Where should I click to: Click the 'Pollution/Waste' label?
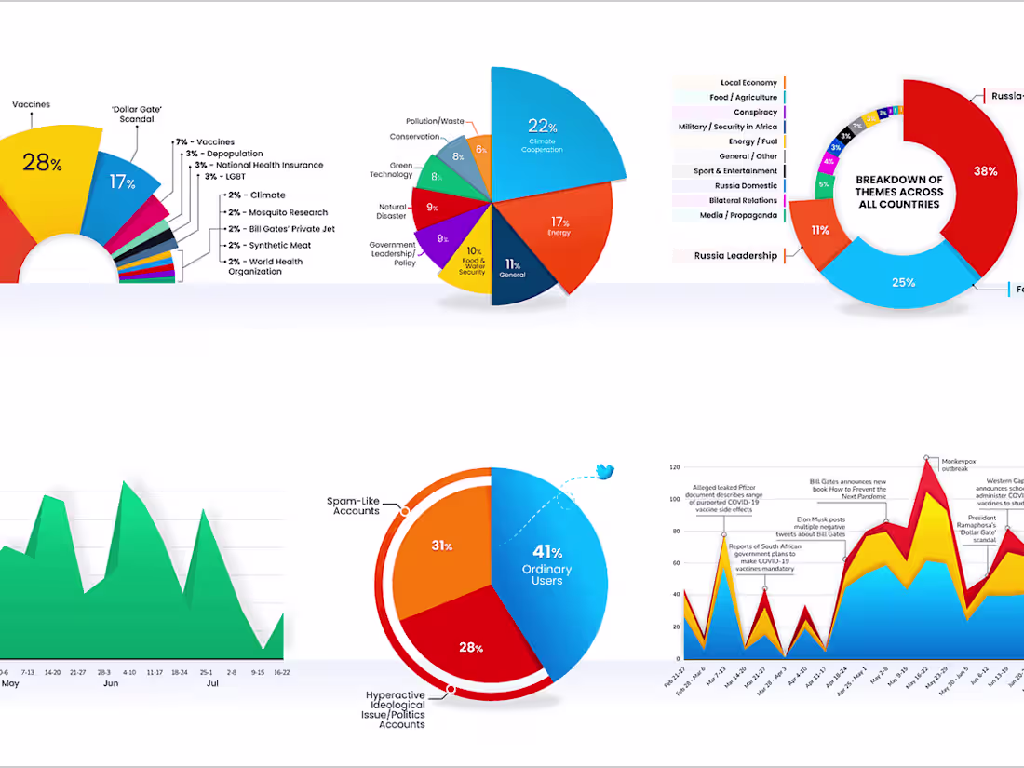tap(435, 121)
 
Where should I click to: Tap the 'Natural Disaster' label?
tap(392, 211)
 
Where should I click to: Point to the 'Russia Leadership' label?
tap(735, 256)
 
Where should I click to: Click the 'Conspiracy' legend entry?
tap(755, 112)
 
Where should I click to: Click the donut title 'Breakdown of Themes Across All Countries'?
tap(899, 192)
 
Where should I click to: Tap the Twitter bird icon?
tap(605, 472)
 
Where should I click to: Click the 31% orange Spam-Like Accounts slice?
tap(442, 549)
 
